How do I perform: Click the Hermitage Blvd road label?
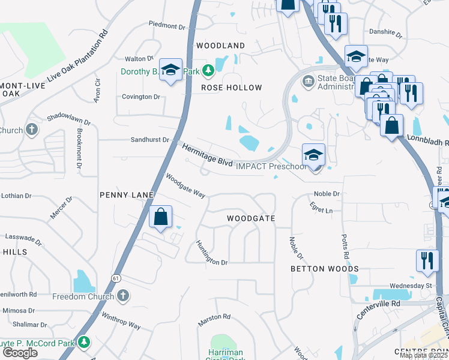[x=206, y=154]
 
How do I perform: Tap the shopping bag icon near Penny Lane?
[x=161, y=217]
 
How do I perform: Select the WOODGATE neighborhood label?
[x=251, y=219]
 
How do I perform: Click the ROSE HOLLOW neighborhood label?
[x=231, y=88]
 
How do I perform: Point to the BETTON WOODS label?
[x=324, y=269]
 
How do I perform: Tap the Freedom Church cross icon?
[x=122, y=296]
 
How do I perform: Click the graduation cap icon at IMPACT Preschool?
[x=313, y=155]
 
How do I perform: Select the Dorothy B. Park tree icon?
[x=208, y=72]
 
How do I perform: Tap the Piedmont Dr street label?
[x=167, y=26]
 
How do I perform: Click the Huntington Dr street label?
[x=211, y=254]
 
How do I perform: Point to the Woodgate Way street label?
[x=185, y=186]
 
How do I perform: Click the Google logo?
[x=20, y=353]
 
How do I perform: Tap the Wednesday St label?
[x=411, y=286]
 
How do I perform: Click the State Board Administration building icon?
[x=309, y=81]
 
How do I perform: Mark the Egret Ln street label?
[x=321, y=211]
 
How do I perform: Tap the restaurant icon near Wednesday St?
[x=427, y=260]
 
